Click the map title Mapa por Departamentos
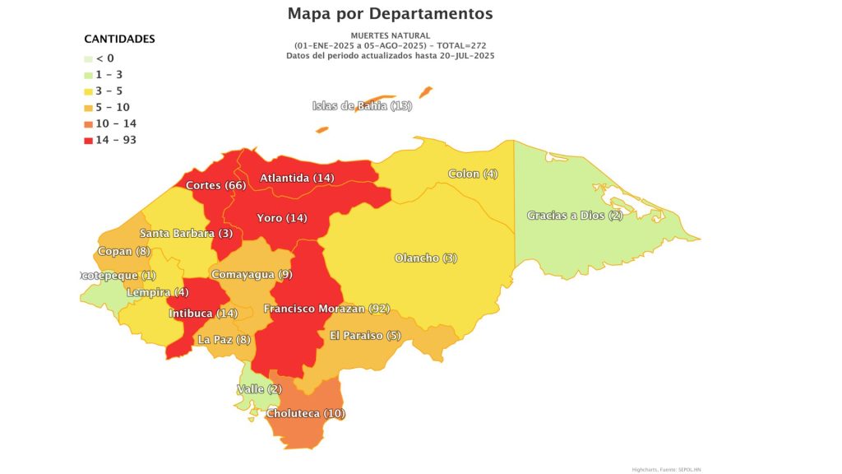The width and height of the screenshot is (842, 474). point(390,14)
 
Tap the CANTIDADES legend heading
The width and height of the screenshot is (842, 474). point(120,39)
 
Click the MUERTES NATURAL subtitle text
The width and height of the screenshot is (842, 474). point(390,35)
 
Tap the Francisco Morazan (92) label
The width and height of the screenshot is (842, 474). point(326,309)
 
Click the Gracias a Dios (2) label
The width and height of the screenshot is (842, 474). point(575,216)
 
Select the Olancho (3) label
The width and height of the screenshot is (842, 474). point(426,258)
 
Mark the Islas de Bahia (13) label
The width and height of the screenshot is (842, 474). point(362,105)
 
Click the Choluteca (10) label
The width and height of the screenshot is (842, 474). point(305,412)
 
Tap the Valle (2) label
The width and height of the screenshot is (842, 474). point(259,388)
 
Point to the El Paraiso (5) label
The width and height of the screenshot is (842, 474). point(365,335)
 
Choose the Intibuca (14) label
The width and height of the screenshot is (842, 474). point(203,314)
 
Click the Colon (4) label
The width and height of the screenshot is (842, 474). point(473,174)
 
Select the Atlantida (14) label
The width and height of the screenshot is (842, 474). point(297,178)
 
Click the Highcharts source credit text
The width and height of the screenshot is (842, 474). point(666,469)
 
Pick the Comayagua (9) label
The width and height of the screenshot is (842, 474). point(252,274)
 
